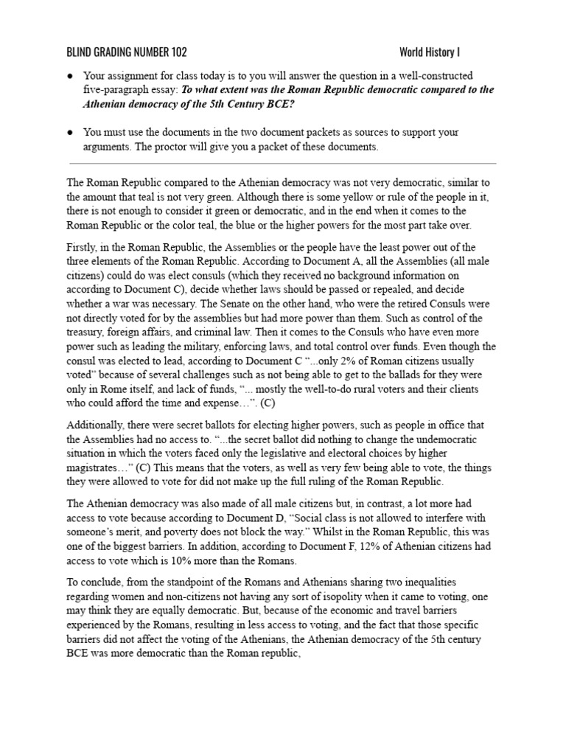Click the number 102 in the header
(x=177, y=52)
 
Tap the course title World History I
(x=430, y=52)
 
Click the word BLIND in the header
(x=80, y=52)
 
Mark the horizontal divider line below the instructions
(x=283, y=164)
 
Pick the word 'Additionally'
(x=94, y=424)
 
